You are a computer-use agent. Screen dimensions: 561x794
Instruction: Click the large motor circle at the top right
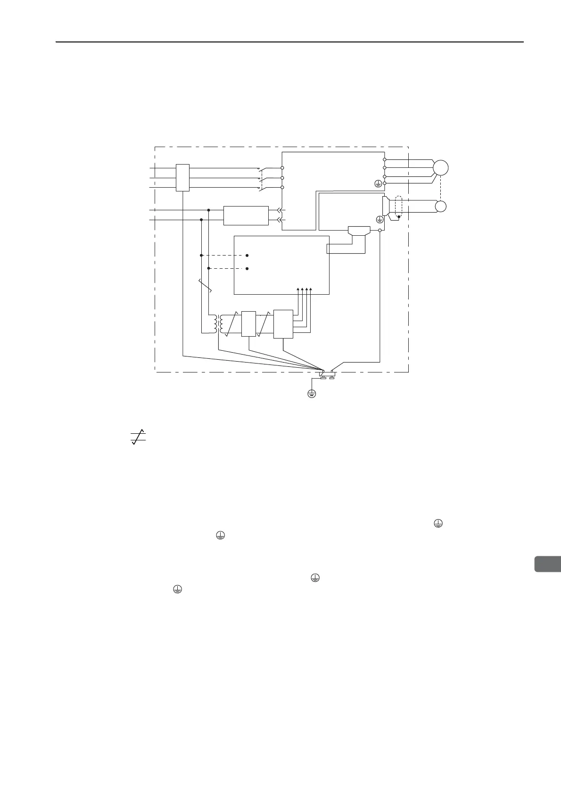440,168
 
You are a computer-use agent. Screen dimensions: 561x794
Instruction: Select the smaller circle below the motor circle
440,207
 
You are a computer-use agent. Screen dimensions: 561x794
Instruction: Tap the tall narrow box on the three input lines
182,178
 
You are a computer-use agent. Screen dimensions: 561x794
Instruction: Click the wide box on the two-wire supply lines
246,216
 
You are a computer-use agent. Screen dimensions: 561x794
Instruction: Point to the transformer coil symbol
217,323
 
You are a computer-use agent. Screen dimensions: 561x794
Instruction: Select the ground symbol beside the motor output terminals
378,184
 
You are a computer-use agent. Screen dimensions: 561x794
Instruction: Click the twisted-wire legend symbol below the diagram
138,437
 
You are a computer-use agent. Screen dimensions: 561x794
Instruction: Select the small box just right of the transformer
248,324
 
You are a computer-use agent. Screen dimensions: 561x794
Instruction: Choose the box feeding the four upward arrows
283,324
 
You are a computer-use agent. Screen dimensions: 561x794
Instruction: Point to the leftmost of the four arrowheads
297,289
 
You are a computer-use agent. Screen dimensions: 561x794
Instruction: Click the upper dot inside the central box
247,256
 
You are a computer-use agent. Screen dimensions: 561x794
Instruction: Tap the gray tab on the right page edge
547,564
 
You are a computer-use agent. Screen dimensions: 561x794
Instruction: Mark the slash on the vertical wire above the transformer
206,286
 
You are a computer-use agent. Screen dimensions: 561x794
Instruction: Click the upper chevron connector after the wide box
279,210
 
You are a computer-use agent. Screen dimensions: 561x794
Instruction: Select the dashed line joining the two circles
440,188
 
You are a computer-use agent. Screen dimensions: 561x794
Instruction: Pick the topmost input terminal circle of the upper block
282,168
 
